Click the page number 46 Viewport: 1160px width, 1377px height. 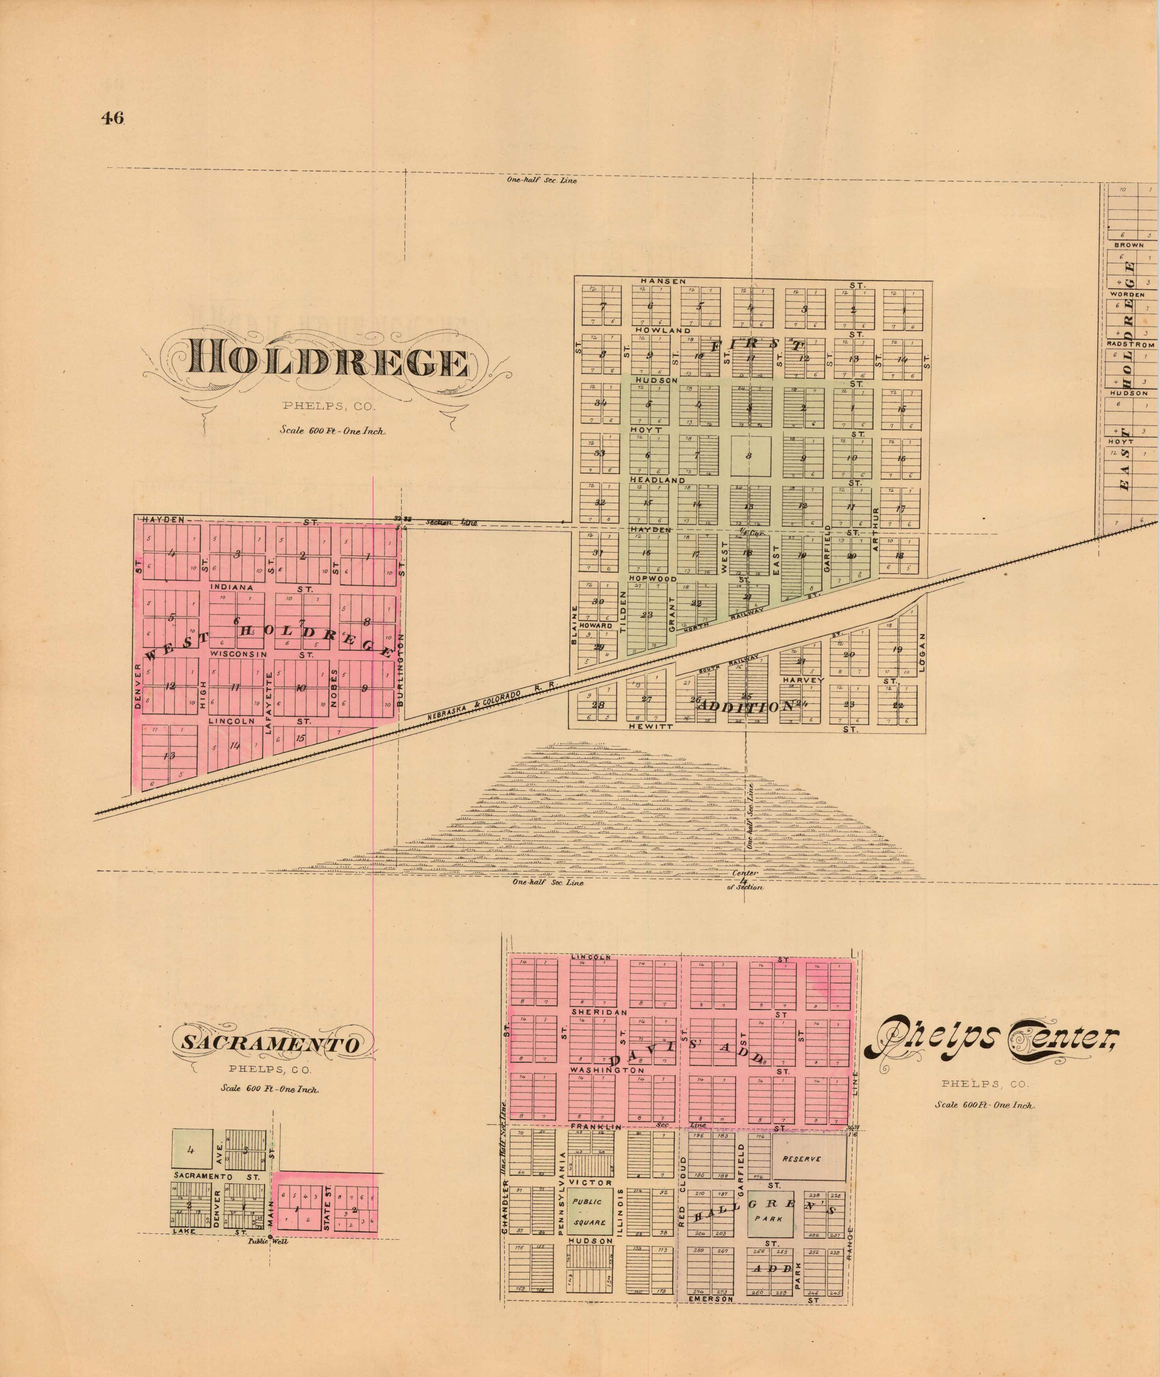coord(113,118)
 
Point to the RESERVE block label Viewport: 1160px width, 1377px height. coord(802,1159)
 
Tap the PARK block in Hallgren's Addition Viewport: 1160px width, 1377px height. coord(769,1218)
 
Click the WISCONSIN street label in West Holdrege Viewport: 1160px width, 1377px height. coord(238,655)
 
